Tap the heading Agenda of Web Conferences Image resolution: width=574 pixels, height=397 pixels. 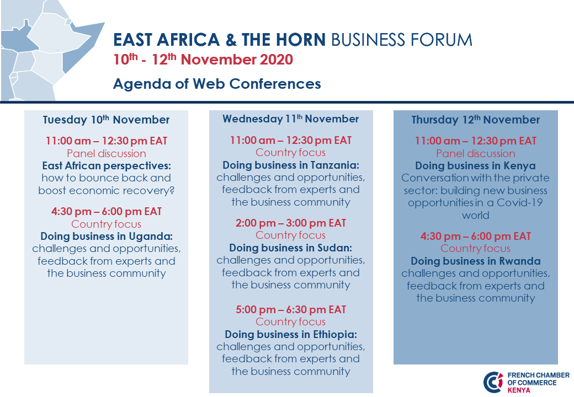[x=217, y=84]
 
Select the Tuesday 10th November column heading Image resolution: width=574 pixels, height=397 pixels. [x=106, y=120]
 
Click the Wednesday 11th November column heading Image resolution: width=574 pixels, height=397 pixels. [x=291, y=119]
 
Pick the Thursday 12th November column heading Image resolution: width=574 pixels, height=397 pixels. [x=476, y=120]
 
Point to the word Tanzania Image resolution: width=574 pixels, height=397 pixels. [x=334, y=165]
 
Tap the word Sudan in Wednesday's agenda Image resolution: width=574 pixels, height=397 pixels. [x=334, y=248]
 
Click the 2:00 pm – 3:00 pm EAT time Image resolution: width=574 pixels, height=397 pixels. [x=291, y=223]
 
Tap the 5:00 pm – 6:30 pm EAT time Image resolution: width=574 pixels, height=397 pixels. [x=291, y=310]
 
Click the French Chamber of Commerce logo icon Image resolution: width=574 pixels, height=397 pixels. [x=493, y=382]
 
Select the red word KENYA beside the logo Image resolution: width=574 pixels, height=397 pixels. [x=519, y=390]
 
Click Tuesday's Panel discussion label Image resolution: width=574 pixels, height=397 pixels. [x=106, y=153]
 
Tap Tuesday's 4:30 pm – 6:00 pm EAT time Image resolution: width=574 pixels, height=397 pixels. [x=106, y=212]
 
